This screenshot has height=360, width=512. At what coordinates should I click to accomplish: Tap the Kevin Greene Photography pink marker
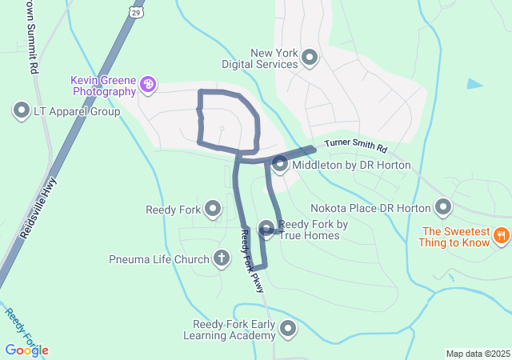click(147, 84)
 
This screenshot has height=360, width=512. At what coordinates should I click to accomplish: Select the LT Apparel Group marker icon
click(22, 110)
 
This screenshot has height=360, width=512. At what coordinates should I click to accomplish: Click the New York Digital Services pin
click(310, 58)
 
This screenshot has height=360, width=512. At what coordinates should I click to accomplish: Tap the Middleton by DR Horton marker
click(280, 165)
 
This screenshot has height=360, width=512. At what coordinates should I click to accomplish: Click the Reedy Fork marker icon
click(213, 210)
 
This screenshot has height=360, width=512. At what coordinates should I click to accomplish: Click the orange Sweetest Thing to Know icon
click(501, 235)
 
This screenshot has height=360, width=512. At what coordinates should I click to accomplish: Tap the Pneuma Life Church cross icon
click(222, 258)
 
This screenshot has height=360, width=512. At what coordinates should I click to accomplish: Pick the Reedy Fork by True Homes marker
click(266, 229)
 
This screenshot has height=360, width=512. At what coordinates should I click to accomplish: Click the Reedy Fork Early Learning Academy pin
click(287, 328)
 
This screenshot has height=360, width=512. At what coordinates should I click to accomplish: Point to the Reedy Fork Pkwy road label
click(252, 260)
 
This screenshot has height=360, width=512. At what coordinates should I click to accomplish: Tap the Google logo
click(26, 350)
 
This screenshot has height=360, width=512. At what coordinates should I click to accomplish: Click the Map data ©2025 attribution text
click(478, 354)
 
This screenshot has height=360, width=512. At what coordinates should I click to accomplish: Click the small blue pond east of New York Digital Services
click(475, 83)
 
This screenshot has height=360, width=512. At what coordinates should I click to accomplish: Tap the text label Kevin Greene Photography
click(103, 86)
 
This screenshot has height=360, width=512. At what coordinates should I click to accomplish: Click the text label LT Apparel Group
click(76, 111)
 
